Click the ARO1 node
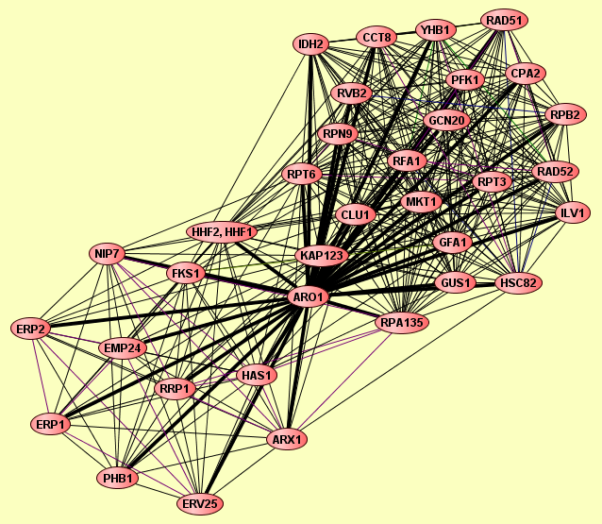tap(309, 297)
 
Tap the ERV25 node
tap(201, 504)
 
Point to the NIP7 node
tap(108, 253)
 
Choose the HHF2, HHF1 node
tap(223, 231)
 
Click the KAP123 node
tap(323, 256)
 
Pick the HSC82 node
tap(520, 282)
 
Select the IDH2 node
tap(311, 44)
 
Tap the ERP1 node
tap(51, 425)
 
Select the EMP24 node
tap(123, 348)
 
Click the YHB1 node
tap(437, 30)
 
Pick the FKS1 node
tap(186, 274)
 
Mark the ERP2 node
tap(31, 329)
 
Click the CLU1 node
tap(356, 215)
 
